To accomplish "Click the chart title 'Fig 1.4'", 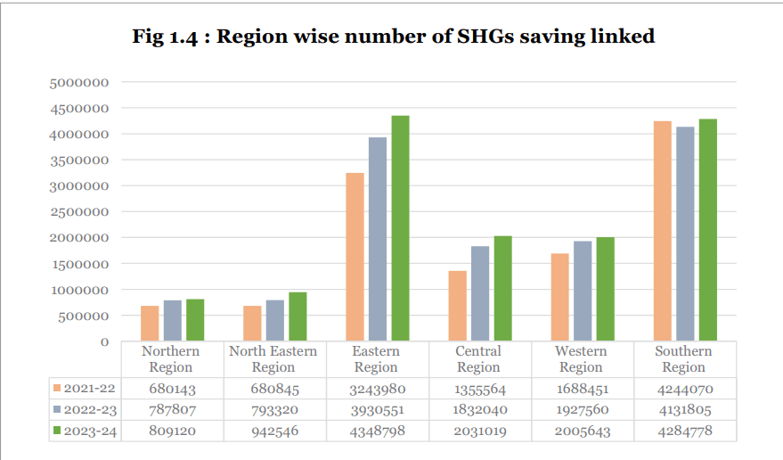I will [x=169, y=37].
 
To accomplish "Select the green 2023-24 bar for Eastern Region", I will [x=400, y=228].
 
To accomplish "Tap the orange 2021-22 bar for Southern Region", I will [x=663, y=231].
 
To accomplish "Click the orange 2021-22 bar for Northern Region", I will [x=150, y=324].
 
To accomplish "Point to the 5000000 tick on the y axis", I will [x=80, y=82].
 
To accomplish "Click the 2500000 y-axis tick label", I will [x=80, y=212].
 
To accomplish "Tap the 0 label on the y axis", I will [x=104, y=341].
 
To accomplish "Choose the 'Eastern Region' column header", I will [x=376, y=359].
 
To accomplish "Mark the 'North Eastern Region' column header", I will [x=273, y=359].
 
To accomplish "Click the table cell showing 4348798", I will [x=376, y=431].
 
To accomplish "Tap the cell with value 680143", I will [x=170, y=389].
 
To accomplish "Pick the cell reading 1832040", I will [x=478, y=410].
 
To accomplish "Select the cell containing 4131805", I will [x=683, y=410].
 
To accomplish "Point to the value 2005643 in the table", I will [x=581, y=431].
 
